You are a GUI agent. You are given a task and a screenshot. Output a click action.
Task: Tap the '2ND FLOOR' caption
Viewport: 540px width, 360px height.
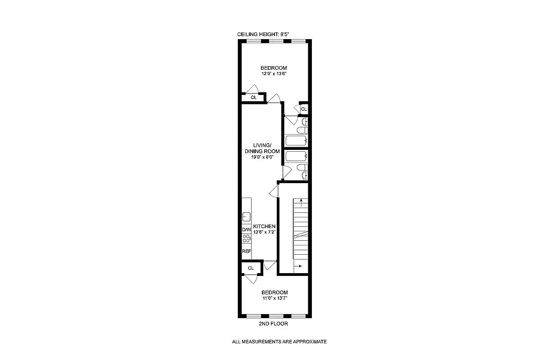click(x=274, y=324)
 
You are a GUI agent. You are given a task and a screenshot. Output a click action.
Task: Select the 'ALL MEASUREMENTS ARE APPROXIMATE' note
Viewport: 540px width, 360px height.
click(x=279, y=342)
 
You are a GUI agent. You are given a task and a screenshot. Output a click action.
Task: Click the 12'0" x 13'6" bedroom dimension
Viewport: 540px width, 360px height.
click(x=274, y=74)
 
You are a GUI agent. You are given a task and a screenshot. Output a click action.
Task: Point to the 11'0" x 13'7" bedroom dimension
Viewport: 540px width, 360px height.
click(x=274, y=298)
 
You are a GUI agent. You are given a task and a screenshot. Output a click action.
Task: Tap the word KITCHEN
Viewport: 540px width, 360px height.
click(x=264, y=226)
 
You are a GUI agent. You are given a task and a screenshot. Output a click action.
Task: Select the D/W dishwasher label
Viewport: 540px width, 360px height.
click(x=246, y=229)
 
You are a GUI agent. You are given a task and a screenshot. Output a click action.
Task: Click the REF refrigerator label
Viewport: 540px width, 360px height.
click(x=246, y=251)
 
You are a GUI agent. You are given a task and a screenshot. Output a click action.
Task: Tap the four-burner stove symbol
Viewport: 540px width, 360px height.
click(x=246, y=239)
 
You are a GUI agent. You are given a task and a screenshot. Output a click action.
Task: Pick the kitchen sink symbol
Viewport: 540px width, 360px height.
click(x=246, y=216)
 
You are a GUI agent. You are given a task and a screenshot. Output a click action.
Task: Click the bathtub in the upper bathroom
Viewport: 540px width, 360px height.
click(x=296, y=141)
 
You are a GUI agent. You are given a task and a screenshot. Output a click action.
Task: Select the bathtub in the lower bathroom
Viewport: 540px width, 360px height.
click(x=296, y=157)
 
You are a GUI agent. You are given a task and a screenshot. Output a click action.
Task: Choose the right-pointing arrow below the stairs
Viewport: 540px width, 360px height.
click(x=299, y=266)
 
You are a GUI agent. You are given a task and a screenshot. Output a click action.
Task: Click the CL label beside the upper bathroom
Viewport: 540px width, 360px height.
click(x=304, y=109)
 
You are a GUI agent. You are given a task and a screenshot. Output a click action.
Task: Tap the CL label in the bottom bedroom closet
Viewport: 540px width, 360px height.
click(x=251, y=268)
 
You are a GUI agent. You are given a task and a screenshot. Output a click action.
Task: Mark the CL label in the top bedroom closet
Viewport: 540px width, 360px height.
click(x=253, y=97)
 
